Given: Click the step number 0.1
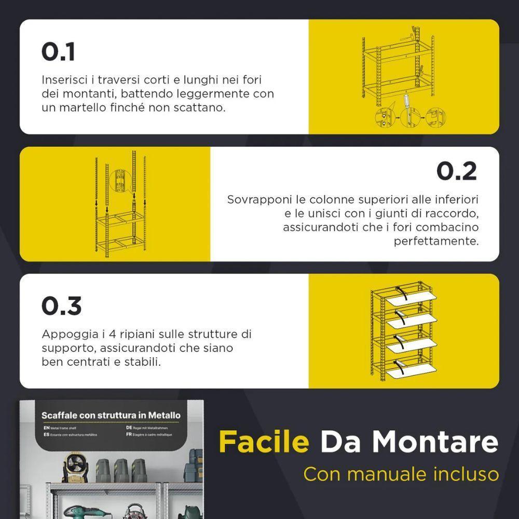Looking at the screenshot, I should (58, 52).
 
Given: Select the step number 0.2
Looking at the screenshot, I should (456, 171).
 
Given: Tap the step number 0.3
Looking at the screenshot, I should (61, 306).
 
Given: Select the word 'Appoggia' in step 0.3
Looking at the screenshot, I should (64, 334).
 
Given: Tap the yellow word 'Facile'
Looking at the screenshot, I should (263, 442).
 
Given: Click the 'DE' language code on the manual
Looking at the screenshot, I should (128, 427).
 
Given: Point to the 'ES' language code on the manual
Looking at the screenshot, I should (46, 434).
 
